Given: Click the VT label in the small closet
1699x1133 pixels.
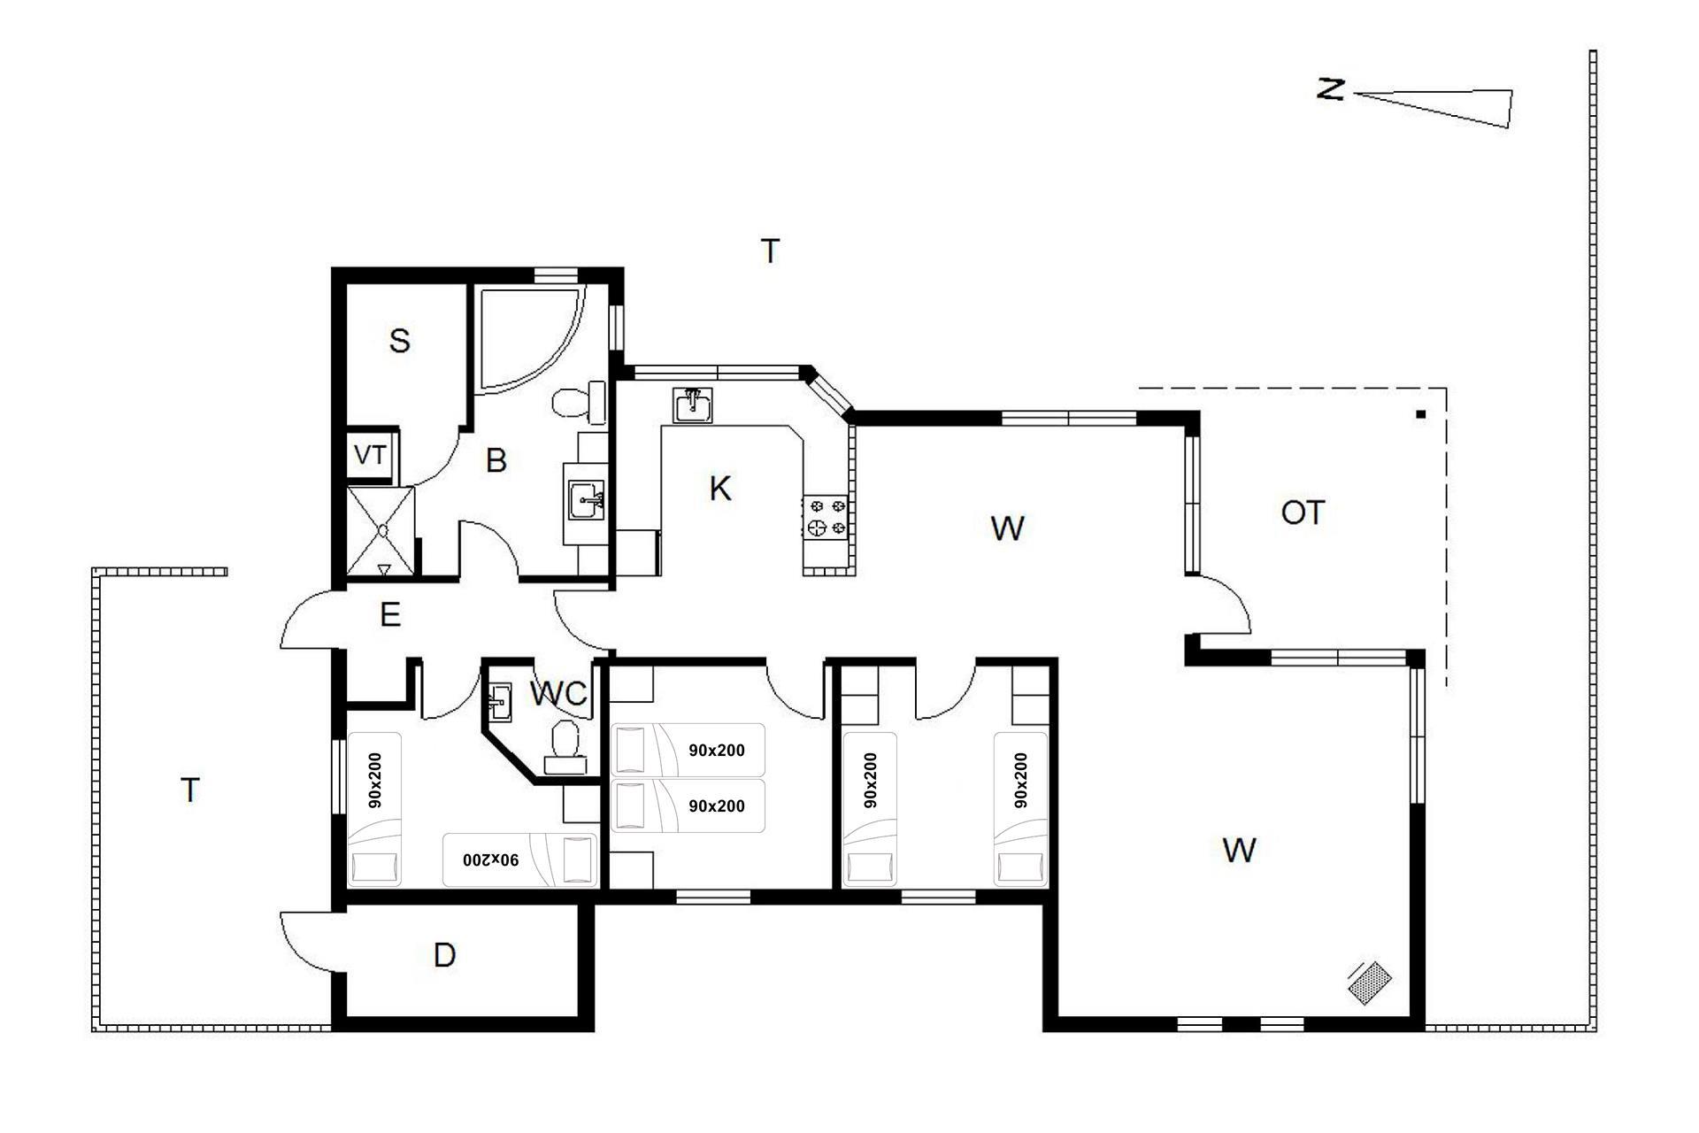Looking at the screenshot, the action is point(370,455).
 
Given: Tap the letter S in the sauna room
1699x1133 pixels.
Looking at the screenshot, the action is point(400,341).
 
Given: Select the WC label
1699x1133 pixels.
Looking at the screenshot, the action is point(558,694).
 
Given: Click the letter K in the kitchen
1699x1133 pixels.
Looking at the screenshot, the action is point(720,489).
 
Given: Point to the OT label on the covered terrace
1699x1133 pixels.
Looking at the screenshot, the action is point(1303,513).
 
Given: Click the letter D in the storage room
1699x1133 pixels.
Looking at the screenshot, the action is point(445,955).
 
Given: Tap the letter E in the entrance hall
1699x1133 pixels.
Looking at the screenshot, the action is point(390,614).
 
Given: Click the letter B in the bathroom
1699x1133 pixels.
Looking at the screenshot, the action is point(496,460).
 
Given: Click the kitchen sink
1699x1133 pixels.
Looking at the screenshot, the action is point(693,405).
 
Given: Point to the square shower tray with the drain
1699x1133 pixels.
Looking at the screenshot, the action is point(381,530).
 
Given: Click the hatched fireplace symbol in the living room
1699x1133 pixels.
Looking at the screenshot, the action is point(1370,983).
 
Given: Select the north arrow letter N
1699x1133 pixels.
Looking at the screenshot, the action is point(1330,89).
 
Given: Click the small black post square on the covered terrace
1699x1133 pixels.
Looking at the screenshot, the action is point(1421,414).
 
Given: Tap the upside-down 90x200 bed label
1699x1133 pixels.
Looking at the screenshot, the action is point(491,859).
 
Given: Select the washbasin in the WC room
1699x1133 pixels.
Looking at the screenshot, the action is point(499,701).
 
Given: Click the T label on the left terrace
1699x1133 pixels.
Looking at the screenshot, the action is point(190,790).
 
